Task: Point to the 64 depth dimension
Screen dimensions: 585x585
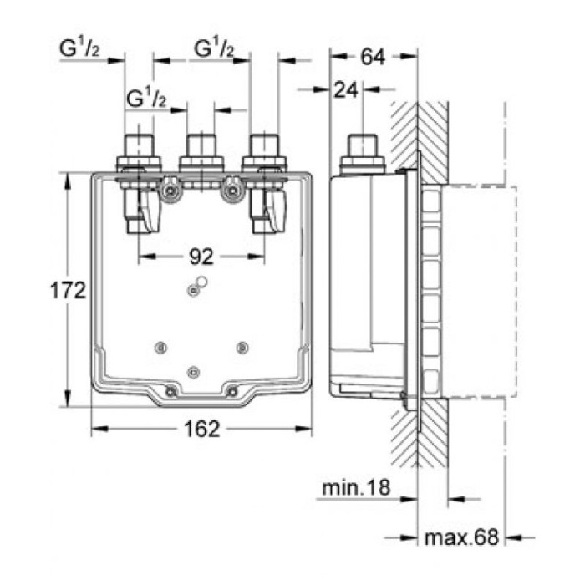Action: point(373,58)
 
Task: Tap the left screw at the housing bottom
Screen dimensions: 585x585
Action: point(170,392)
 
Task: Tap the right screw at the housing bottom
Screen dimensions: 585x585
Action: point(232,392)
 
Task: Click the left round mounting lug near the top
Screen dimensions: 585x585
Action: point(171,191)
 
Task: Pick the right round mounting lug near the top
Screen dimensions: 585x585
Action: point(231,191)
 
